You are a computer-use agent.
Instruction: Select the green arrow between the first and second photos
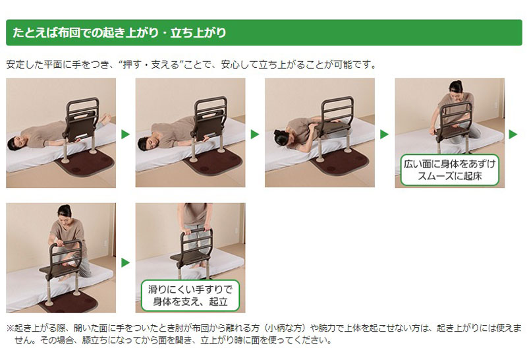(x=125, y=135)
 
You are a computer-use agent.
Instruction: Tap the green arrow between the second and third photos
(x=255, y=135)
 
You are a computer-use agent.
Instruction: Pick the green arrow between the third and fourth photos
(x=384, y=135)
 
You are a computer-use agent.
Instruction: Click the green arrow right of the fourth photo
(x=513, y=135)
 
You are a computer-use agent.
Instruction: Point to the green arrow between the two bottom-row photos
(x=125, y=262)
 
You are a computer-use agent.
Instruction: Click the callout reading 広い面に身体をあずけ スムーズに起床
(x=450, y=170)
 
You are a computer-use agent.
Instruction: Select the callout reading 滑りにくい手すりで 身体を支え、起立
(x=190, y=295)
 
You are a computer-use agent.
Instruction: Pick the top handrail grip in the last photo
(x=196, y=231)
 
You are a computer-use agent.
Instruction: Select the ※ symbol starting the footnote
(x=10, y=328)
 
